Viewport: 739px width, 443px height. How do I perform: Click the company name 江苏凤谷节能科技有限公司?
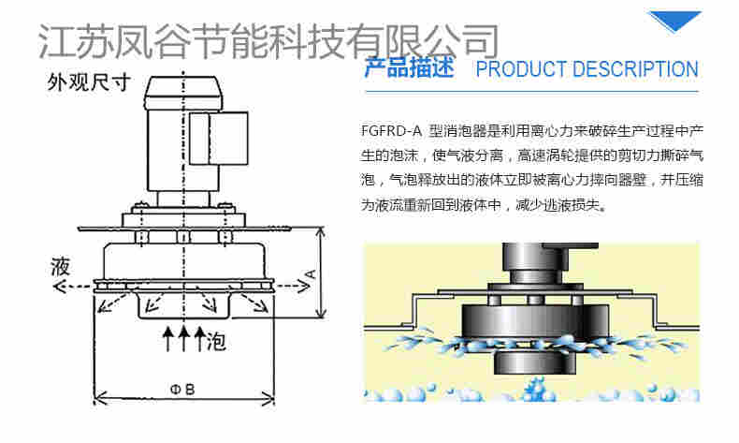tap(268, 40)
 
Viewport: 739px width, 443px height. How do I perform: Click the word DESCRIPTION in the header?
tap(635, 69)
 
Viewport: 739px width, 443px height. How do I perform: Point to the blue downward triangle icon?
tap(674, 21)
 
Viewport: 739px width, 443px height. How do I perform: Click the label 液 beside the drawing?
tap(60, 266)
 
